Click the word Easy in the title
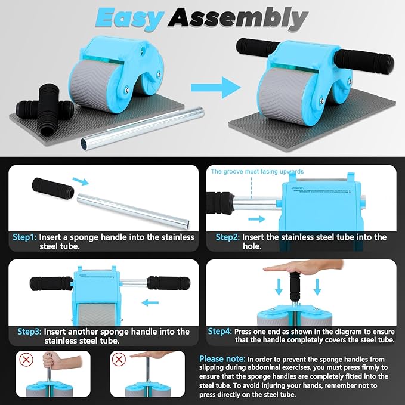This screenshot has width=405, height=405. [130, 18]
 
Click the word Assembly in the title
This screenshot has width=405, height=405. [237, 18]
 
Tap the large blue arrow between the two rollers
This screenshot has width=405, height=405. [216, 88]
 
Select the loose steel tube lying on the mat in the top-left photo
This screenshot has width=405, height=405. [142, 125]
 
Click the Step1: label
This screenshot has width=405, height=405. [24, 237]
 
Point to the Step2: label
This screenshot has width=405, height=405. [228, 237]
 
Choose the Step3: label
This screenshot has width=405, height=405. [29, 332]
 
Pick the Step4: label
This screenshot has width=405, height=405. [220, 331]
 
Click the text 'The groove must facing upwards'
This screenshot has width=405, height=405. [257, 171]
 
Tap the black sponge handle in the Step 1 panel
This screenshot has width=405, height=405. [52, 187]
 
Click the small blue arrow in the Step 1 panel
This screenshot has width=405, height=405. [81, 181]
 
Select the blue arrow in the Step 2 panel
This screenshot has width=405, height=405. [256, 219]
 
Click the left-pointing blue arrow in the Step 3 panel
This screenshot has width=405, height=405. [150, 302]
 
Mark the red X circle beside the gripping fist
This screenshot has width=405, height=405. [26, 359]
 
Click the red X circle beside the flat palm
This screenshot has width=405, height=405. [119, 359]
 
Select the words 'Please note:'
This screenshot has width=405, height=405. [222, 358]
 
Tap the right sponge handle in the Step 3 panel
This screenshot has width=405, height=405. [168, 283]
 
